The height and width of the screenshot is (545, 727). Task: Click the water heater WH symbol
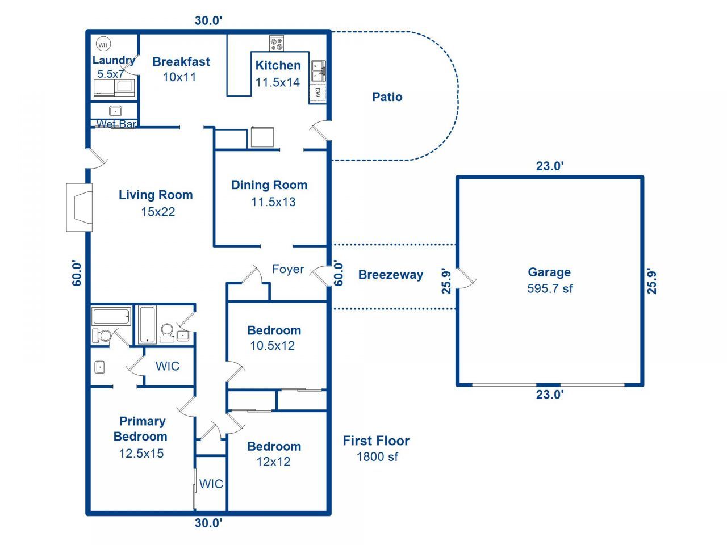pyautogui.click(x=103, y=45)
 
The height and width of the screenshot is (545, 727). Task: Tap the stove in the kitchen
pyautogui.click(x=277, y=43)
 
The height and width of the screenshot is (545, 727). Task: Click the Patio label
pyautogui.click(x=387, y=97)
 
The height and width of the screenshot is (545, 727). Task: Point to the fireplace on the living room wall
pyautogui.click(x=80, y=207)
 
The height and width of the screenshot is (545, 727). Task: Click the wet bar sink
pyautogui.click(x=115, y=111)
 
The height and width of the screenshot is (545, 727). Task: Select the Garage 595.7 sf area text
pyautogui.click(x=549, y=288)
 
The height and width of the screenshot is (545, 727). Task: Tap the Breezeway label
pyautogui.click(x=391, y=275)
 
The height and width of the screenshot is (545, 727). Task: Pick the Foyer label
pyautogui.click(x=288, y=269)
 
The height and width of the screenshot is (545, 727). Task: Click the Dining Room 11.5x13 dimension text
pyautogui.click(x=273, y=202)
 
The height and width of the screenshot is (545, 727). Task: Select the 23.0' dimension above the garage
pyautogui.click(x=550, y=166)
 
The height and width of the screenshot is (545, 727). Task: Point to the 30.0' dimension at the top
pyautogui.click(x=208, y=20)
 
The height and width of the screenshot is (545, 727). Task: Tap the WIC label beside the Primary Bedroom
pyautogui.click(x=211, y=484)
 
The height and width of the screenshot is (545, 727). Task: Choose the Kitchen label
pyautogui.click(x=278, y=65)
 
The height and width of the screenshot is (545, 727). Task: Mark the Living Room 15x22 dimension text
pyautogui.click(x=158, y=212)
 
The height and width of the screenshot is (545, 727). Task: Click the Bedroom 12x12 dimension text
pyautogui.click(x=273, y=462)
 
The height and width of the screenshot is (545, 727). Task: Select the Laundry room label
pyautogui.click(x=113, y=61)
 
